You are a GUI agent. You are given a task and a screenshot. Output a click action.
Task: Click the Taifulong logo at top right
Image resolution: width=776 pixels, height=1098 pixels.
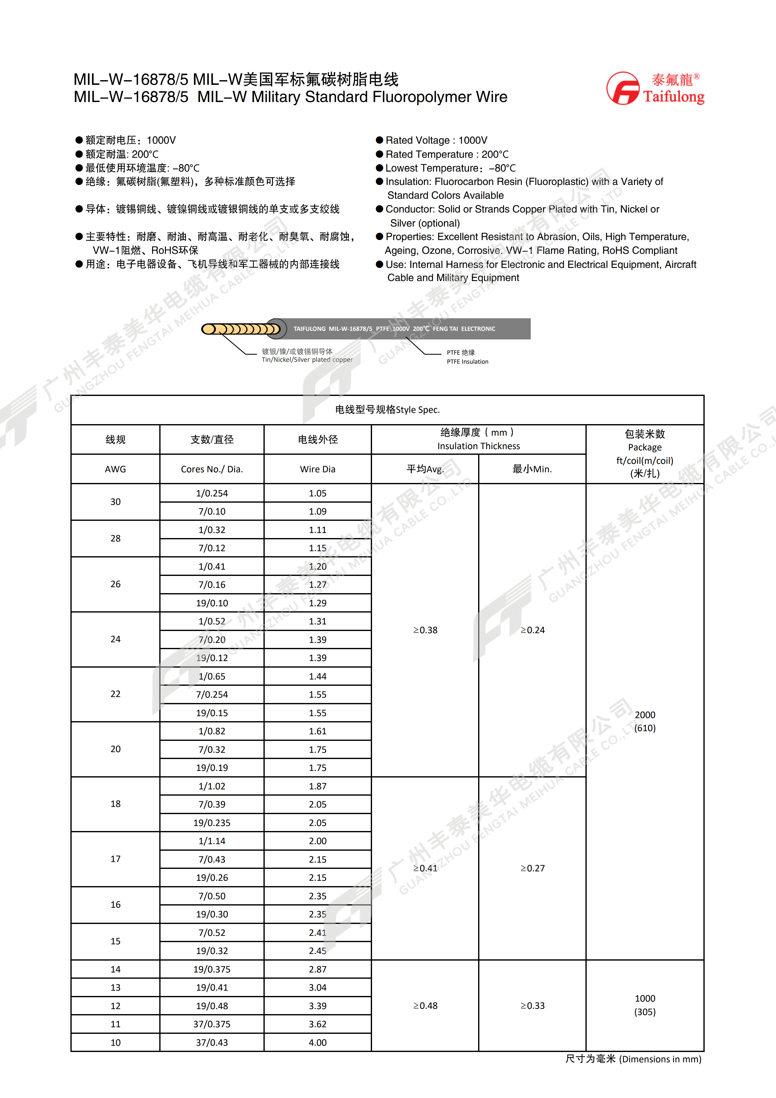(x=655, y=89)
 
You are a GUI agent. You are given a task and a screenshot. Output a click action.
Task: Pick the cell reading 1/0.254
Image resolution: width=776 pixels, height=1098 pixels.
(x=212, y=493)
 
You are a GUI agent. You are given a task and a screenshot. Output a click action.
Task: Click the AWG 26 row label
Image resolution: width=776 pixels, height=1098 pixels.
(x=115, y=584)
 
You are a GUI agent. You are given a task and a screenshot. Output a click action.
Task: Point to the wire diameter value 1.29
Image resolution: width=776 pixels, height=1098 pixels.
(x=318, y=603)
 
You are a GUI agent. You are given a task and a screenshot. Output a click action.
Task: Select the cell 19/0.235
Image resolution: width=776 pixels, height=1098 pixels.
(x=212, y=823)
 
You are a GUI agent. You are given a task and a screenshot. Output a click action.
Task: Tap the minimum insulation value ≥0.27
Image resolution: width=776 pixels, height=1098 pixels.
(x=532, y=868)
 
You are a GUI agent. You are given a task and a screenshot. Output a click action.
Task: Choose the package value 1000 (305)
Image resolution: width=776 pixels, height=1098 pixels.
(x=645, y=1005)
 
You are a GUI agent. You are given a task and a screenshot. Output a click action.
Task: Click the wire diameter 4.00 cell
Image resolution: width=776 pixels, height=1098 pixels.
(x=318, y=1043)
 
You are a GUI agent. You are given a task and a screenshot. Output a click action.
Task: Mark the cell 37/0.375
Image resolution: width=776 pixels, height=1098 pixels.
(x=212, y=1024)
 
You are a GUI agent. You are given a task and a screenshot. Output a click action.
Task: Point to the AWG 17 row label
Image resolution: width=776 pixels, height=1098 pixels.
(x=115, y=859)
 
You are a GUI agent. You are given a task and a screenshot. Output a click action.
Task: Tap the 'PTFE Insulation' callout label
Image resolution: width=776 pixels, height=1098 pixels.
(x=467, y=362)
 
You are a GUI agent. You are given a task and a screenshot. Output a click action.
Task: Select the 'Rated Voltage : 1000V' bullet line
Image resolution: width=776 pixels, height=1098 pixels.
(x=436, y=140)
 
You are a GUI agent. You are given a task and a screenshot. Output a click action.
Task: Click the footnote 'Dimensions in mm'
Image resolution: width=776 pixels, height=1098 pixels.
(x=660, y=1059)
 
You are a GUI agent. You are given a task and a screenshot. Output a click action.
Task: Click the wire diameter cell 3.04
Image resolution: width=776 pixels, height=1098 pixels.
(x=318, y=988)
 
